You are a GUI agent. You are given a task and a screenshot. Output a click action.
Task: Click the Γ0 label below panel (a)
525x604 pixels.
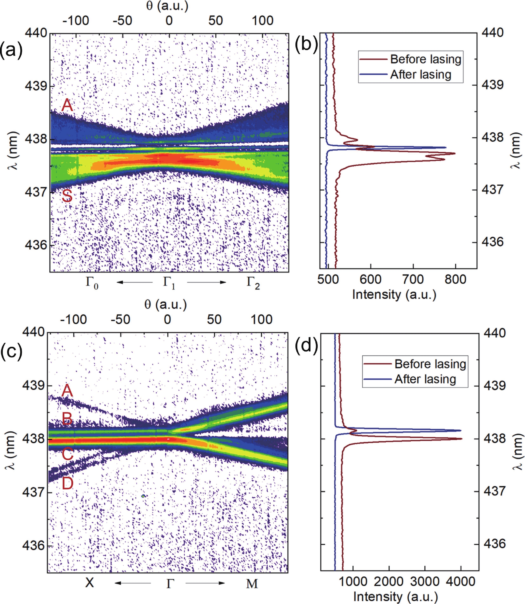pyautogui.click(x=92, y=283)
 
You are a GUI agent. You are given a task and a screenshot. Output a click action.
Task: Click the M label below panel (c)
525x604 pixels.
pyautogui.click(x=252, y=583)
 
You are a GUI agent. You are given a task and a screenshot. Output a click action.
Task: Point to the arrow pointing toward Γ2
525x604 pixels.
pyautogui.click(x=206, y=282)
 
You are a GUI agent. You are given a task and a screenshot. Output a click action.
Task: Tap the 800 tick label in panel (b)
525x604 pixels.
pyautogui.click(x=455, y=280)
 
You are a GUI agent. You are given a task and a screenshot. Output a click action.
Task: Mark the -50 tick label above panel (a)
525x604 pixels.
pyautogui.click(x=122, y=21)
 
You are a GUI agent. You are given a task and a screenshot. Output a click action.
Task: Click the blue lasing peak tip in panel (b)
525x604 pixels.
pyautogui.click(x=446, y=147)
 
